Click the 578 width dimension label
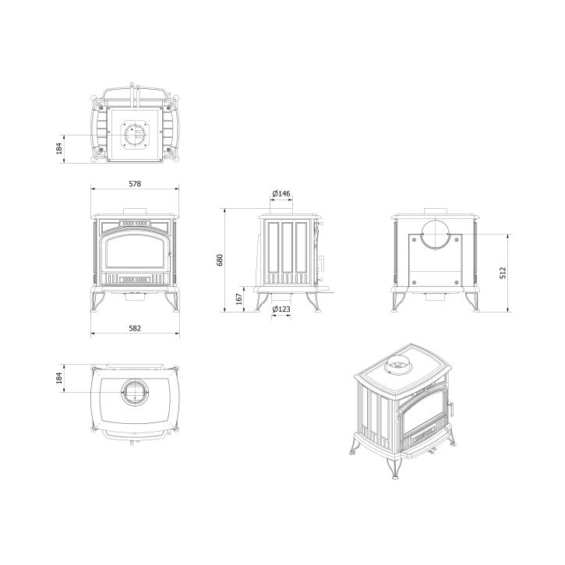click(x=135, y=184)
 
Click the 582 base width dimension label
click(x=135, y=328)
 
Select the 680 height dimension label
click(x=220, y=260)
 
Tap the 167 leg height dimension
click(x=239, y=299)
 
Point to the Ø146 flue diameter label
click(x=281, y=193)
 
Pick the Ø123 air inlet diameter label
click(x=281, y=309)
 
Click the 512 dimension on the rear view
click(x=503, y=273)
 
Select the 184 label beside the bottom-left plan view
click(x=59, y=378)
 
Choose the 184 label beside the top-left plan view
click(x=59, y=148)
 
